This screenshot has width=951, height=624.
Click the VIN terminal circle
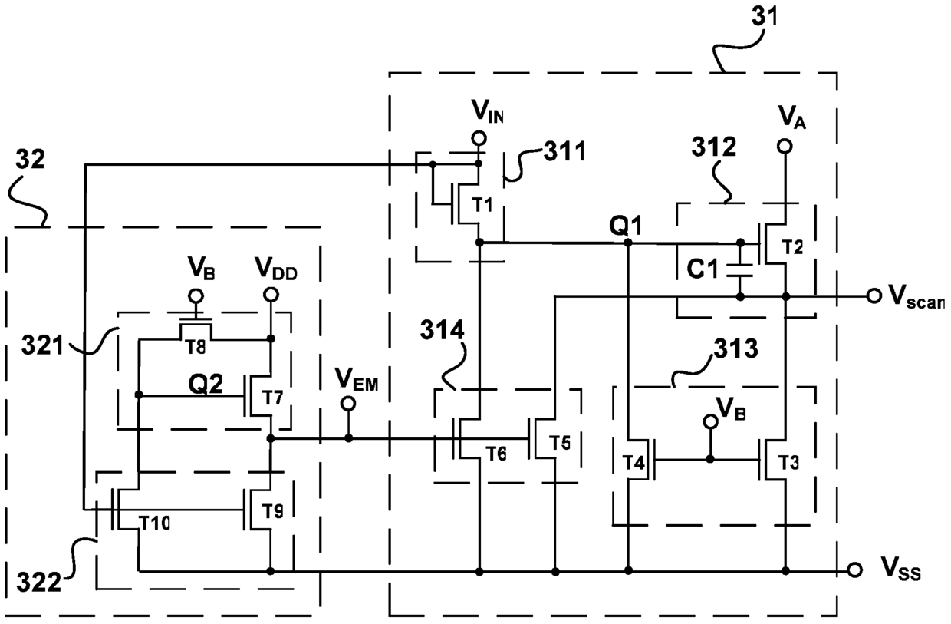479,138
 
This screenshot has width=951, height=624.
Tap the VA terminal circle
785,146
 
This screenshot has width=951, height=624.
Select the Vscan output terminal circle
874,295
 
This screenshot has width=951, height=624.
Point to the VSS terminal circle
854,570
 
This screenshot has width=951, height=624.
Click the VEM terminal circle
348,404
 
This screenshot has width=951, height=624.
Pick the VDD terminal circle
271,295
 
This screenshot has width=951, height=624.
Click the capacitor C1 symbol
740,269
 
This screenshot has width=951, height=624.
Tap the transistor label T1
482,205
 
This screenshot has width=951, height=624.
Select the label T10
155,523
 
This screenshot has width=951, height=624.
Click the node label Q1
625,226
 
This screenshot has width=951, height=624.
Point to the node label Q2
206,385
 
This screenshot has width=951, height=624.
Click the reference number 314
442,331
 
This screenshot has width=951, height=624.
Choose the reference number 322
39,583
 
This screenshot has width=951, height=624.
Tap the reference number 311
564,151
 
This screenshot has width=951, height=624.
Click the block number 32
30,160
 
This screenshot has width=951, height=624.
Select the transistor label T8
196,348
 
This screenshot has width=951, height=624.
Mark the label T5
561,443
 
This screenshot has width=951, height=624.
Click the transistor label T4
633,462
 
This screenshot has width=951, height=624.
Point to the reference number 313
735,349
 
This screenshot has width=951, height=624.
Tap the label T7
272,398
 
